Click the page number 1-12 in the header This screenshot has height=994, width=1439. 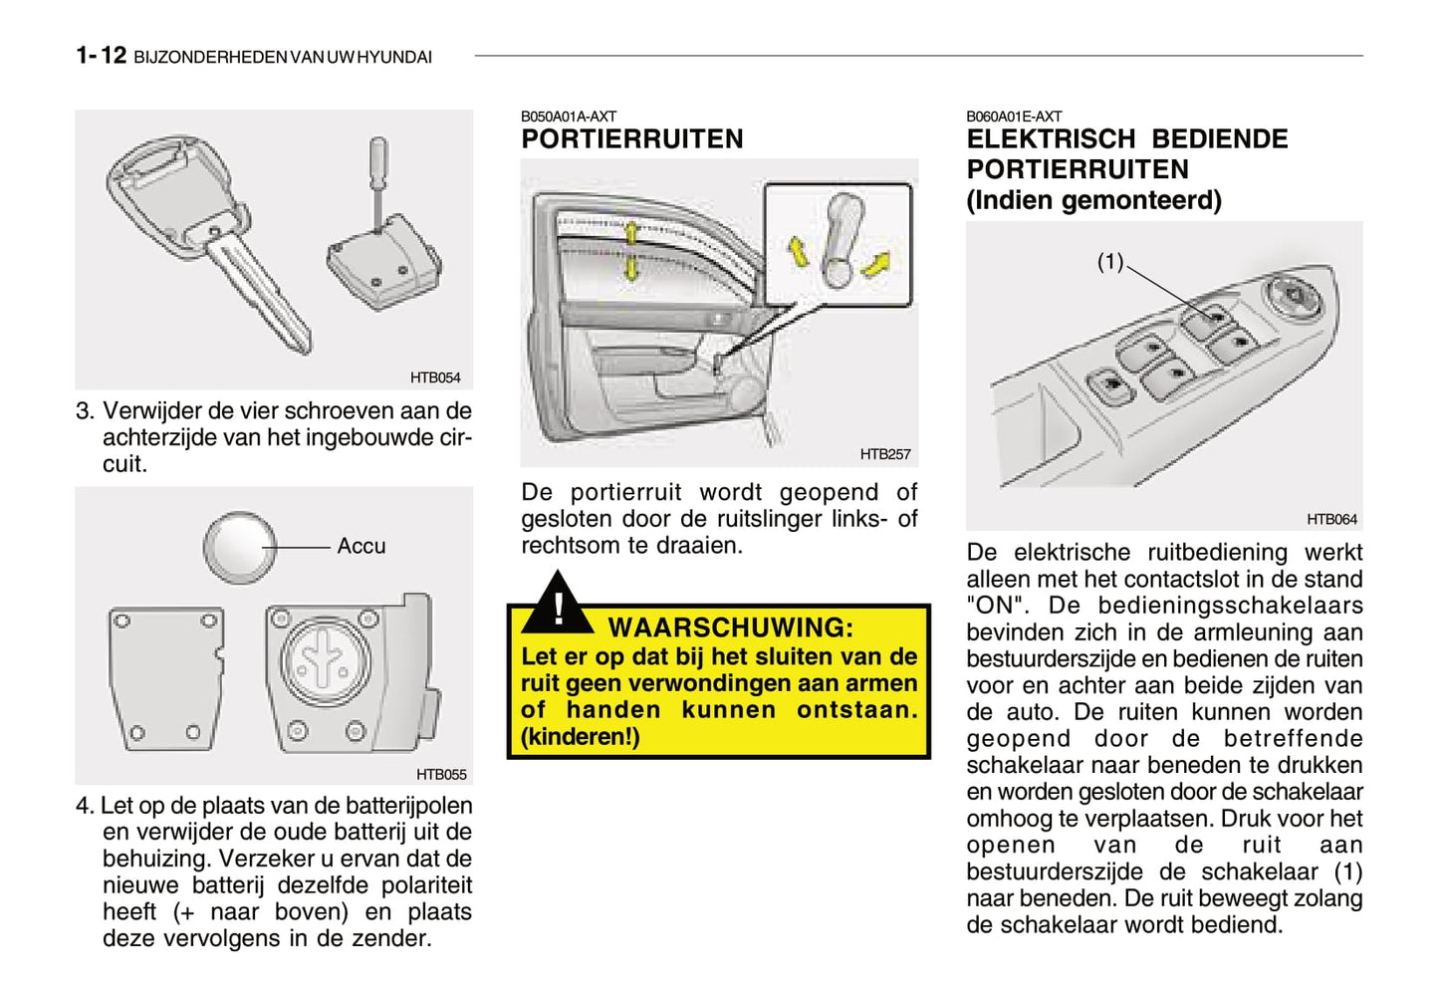101,56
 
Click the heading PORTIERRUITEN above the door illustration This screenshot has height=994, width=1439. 631,139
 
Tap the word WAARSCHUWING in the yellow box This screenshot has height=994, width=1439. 730,627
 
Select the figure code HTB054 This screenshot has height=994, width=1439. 435,377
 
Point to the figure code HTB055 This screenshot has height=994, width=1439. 440,774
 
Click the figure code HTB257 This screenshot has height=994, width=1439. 885,454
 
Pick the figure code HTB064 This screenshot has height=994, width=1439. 1331,519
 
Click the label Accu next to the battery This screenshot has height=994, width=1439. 360,546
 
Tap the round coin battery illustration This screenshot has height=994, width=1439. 240,547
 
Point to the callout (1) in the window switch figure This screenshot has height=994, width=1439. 1109,262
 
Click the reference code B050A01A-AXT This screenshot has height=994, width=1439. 568,117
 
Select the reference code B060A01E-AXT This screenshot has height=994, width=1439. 1013,117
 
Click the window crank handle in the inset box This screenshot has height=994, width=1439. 839,239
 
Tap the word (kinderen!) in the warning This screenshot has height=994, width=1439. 580,737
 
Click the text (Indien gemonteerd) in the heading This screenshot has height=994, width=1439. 1092,200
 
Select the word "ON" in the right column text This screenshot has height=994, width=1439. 997,606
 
